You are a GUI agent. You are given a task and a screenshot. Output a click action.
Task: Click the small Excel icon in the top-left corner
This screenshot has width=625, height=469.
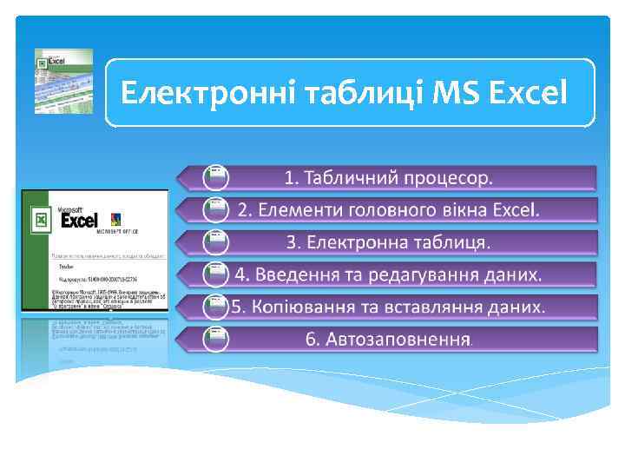[x=62, y=81]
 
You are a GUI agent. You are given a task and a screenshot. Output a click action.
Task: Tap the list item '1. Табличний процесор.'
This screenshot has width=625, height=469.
[x=389, y=178]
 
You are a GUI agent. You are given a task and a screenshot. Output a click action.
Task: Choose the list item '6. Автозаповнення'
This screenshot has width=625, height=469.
[x=389, y=339]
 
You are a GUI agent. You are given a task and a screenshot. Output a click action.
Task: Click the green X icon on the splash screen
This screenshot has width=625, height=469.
[x=40, y=219]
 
